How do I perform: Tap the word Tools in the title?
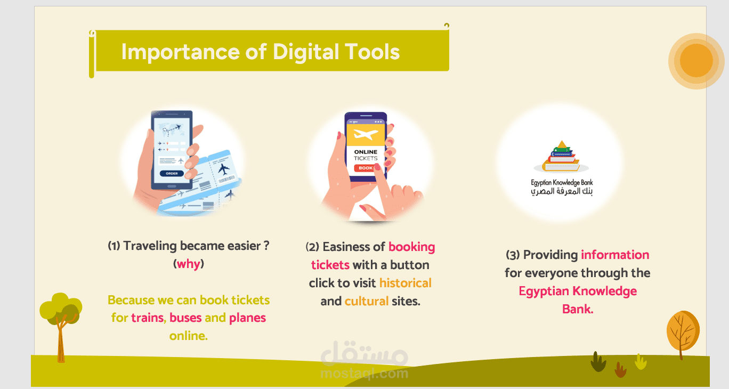372,52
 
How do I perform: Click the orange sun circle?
696,61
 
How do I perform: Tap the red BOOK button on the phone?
365,168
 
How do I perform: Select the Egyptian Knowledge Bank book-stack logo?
561,156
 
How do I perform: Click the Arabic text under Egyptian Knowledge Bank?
562,191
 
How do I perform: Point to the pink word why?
189,264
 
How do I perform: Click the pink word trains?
148,318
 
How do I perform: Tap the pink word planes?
247,318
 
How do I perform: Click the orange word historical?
405,283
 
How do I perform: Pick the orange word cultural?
367,301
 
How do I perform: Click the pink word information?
615,255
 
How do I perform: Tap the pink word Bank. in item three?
578,309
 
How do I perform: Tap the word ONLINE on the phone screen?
366,152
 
